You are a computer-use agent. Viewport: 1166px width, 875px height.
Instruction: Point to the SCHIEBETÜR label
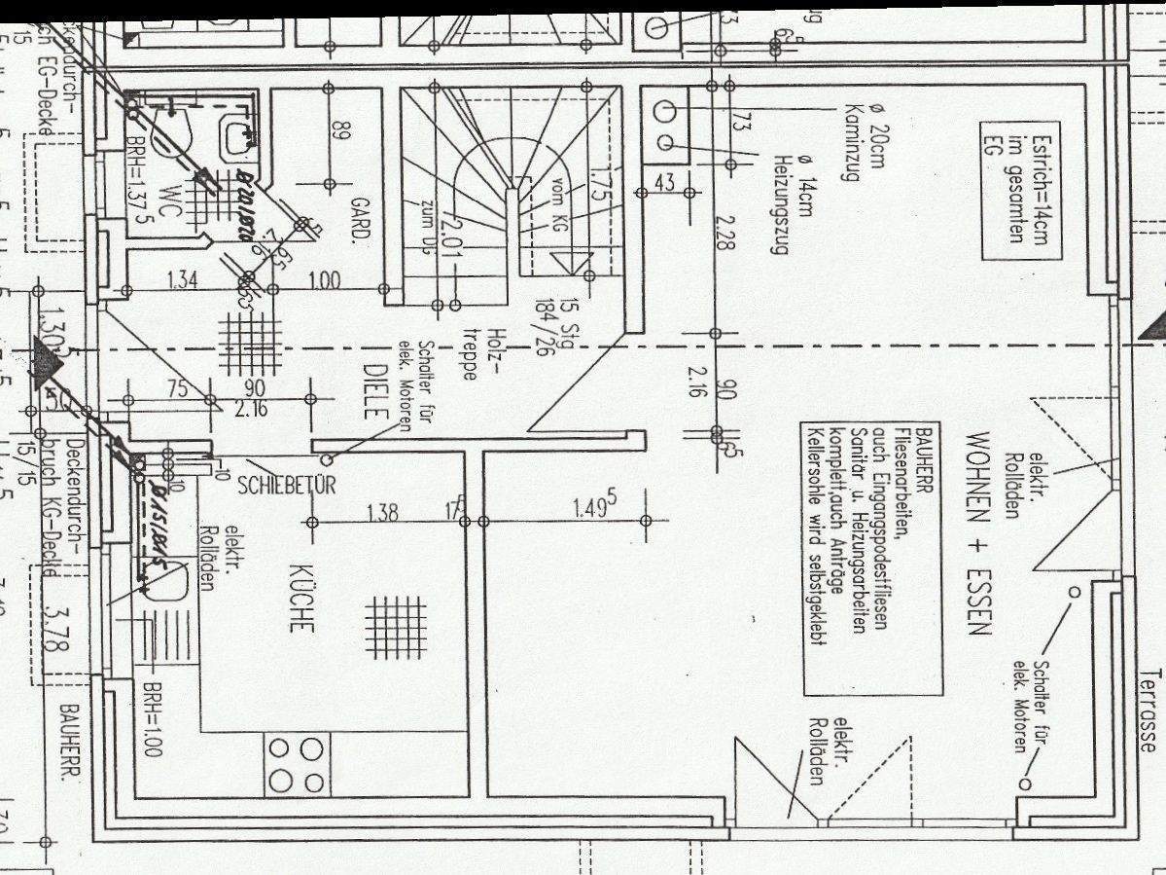pyautogui.click(x=286, y=485)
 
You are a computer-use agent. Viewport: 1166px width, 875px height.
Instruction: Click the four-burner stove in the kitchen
pyautogui.click(x=297, y=765)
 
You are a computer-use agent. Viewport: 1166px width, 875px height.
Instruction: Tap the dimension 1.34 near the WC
pyautogui.click(x=183, y=281)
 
